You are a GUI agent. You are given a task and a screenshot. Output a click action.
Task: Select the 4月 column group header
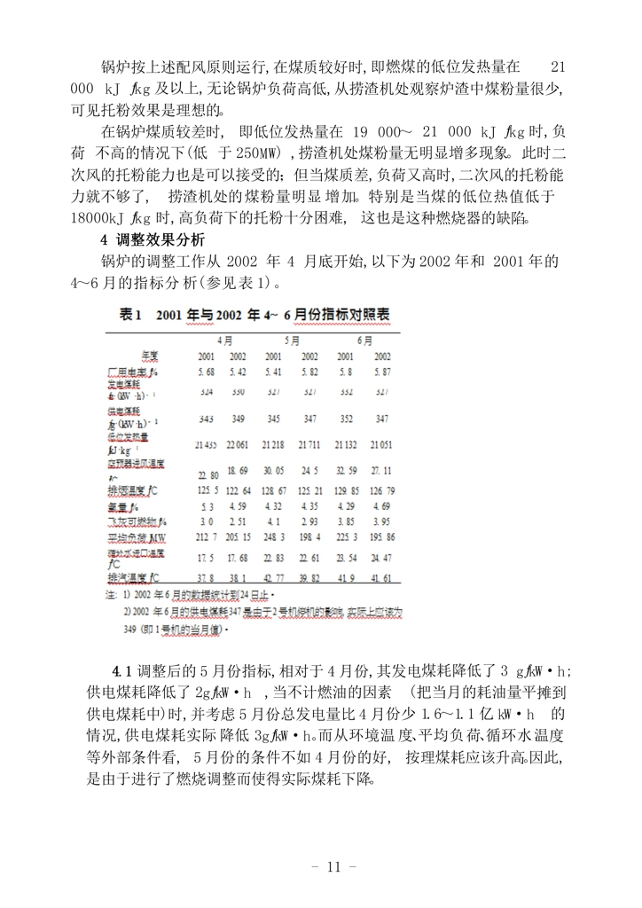click(226, 340)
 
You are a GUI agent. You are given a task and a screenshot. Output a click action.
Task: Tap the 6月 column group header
click(364, 340)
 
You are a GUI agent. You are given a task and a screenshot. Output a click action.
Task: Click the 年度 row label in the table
click(148, 356)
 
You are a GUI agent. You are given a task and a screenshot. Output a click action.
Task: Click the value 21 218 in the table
click(275, 442)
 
